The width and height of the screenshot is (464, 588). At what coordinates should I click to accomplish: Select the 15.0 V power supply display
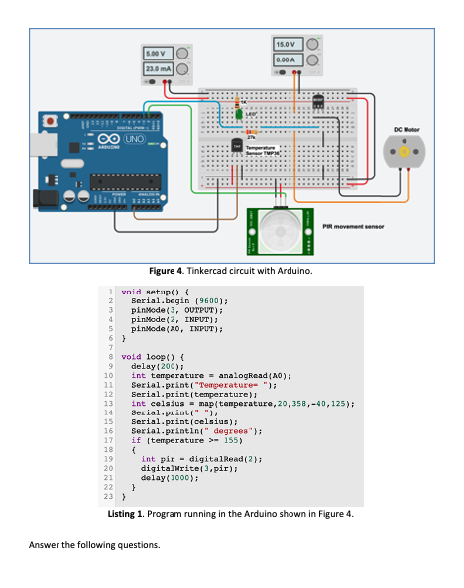pyautogui.click(x=289, y=45)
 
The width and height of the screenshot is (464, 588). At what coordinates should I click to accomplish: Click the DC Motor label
pyautogui.click(x=408, y=129)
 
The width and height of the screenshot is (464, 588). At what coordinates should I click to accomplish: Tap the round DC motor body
pyautogui.click(x=407, y=152)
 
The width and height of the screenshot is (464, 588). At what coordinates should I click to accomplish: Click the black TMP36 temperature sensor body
pyautogui.click(x=237, y=146)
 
